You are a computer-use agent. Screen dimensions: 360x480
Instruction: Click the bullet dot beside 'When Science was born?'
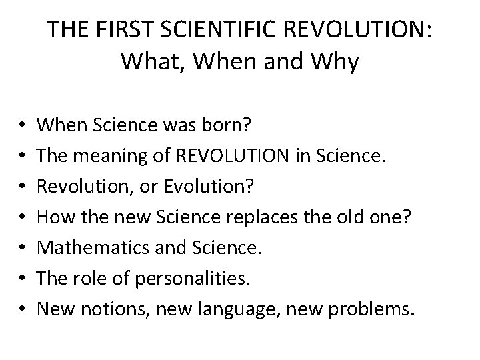click(x=19, y=124)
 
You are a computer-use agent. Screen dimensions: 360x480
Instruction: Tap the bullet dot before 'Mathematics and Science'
click(x=19, y=248)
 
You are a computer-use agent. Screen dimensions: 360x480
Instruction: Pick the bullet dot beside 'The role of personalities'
click(x=19, y=279)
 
